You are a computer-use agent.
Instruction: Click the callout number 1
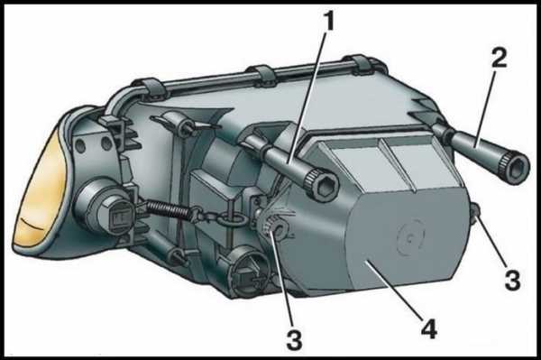click(329, 22)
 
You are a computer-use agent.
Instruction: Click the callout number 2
click(499, 58)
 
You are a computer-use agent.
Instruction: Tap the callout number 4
click(429, 328)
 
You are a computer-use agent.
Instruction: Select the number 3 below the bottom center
click(294, 338)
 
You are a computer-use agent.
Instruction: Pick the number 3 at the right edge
click(512, 280)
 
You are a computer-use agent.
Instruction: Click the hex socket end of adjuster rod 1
click(322, 185)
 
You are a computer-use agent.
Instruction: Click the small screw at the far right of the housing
click(475, 211)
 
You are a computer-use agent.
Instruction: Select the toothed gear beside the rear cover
click(274, 228)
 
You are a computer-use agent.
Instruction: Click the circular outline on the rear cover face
click(410, 238)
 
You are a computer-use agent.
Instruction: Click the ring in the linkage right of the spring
click(232, 219)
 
